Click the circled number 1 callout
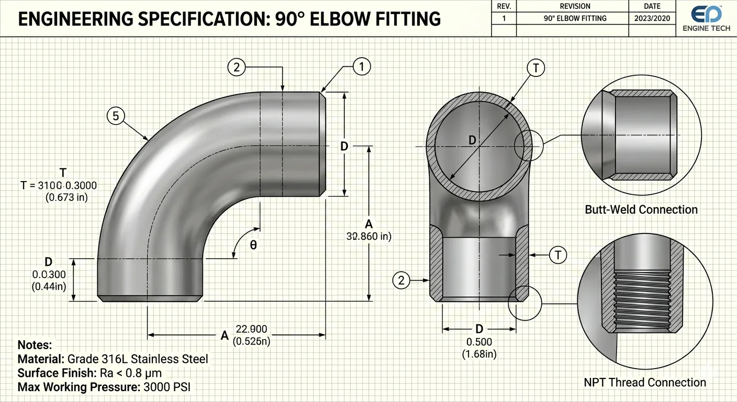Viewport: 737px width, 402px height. coord(362,66)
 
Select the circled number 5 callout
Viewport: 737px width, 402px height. coord(115,115)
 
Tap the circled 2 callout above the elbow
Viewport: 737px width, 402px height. coord(237,66)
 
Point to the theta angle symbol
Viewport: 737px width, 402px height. coord(253,245)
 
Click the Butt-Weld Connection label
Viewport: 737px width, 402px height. coord(641,210)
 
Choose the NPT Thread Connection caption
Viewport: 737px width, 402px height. coord(645,383)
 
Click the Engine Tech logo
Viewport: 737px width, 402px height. coord(706,18)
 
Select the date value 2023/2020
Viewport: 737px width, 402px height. coord(652,18)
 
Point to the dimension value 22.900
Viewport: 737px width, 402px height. coord(251,329)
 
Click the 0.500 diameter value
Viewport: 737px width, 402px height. coord(479,342)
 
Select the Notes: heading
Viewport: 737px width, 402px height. coord(35,345)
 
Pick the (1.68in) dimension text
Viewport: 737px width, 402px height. coord(479,354)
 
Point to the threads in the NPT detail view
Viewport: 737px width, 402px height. coord(642,301)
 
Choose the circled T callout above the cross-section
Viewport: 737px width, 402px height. coord(537,68)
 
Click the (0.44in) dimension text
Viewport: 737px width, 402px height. coord(49,286)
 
